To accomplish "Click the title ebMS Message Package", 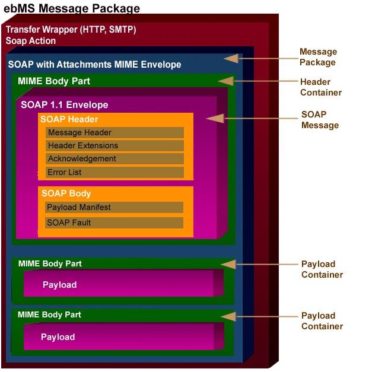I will point(72,8).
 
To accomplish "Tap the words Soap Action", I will point(31,41).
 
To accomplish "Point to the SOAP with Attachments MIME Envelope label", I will point(94,64).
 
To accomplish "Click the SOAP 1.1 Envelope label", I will point(64,105).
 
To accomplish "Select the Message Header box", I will point(115,133).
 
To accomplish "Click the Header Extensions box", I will point(115,146).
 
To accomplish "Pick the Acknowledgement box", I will point(115,159).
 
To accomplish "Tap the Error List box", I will point(115,173).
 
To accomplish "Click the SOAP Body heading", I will point(66,193).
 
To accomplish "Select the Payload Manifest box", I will point(114,208).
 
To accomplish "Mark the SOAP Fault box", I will point(114,223).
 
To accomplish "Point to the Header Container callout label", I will point(320,87).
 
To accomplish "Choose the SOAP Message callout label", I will point(320,120).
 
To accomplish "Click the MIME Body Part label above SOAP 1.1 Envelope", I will point(54,81).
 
